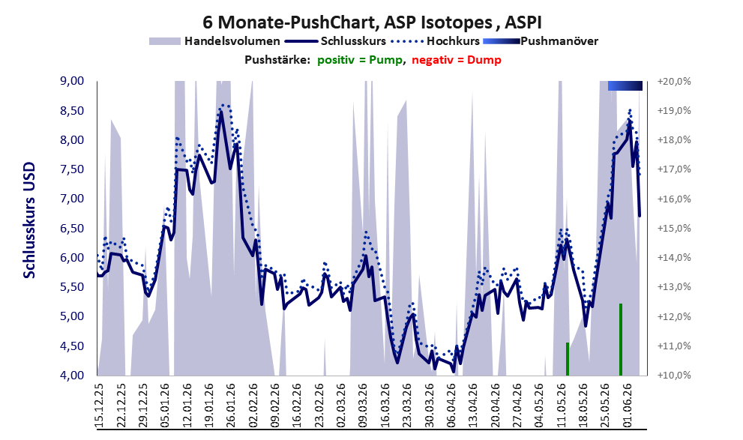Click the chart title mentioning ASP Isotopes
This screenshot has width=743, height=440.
click(372, 22)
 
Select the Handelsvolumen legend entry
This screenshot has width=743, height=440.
click(214, 41)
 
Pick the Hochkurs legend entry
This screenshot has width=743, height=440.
click(435, 41)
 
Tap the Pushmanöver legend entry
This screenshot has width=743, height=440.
click(541, 41)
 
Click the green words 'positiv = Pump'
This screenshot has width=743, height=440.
click(360, 60)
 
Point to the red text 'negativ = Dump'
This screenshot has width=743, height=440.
click(457, 60)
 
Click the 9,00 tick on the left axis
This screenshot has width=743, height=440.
click(72, 81)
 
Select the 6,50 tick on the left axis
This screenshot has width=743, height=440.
click(72, 229)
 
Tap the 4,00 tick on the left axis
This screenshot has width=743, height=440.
click(72, 375)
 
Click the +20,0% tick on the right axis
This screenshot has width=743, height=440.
click(674, 82)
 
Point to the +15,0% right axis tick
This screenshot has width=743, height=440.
click(674, 229)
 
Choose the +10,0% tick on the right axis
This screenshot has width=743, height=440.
click(674, 375)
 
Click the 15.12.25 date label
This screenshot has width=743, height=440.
click(100, 403)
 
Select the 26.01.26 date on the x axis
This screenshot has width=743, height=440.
click(231, 403)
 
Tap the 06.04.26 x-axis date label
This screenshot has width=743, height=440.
click(451, 403)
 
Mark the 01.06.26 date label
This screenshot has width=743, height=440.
click(627, 403)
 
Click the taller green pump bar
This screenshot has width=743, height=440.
click(621, 339)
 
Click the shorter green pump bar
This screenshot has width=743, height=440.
click(568, 358)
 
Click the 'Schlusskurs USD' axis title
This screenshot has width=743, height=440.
click(29, 220)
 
